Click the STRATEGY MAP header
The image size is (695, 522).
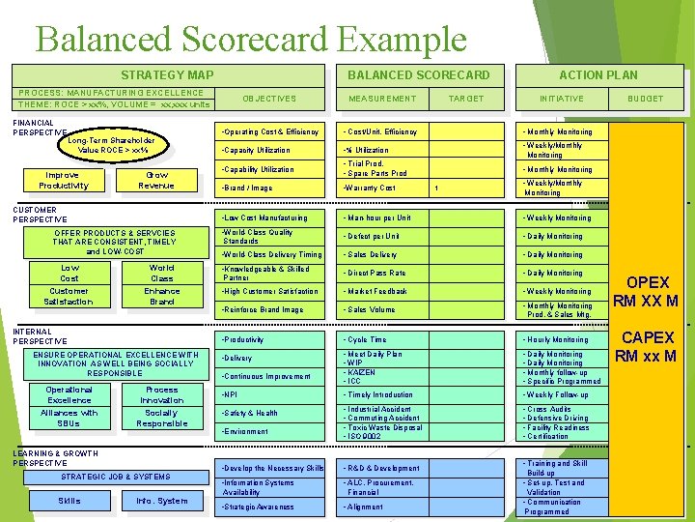pyautogui.click(x=167, y=74)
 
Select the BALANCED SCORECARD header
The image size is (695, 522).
pyautogui.click(x=418, y=74)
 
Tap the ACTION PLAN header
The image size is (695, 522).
pyautogui.click(x=598, y=74)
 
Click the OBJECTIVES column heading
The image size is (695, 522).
pyautogui.click(x=269, y=99)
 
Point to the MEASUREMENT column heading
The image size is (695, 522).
pyautogui.click(x=382, y=99)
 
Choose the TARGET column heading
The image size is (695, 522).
pyautogui.click(x=466, y=99)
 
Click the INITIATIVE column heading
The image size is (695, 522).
pyautogui.click(x=561, y=99)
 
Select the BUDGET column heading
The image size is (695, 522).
pyautogui.click(x=646, y=99)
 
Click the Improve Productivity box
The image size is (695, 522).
pyautogui.click(x=64, y=180)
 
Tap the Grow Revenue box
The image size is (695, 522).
pyautogui.click(x=156, y=180)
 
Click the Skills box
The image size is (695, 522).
pyautogui.click(x=69, y=501)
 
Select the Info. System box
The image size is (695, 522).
pyautogui.click(x=161, y=501)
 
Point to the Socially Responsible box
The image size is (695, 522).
pyautogui.click(x=161, y=418)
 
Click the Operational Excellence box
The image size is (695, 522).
pyautogui.click(x=69, y=394)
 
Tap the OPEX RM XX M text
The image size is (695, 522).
pyautogui.click(x=648, y=292)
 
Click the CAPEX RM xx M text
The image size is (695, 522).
pyautogui.click(x=648, y=347)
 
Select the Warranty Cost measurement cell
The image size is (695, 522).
pyautogui.click(x=372, y=188)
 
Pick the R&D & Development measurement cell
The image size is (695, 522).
pyautogui.click(x=383, y=468)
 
